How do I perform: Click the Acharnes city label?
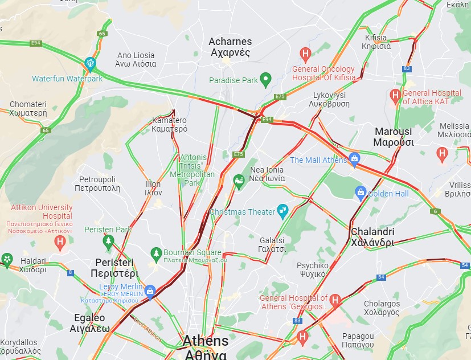tap(230, 47)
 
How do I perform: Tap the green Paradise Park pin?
tap(265, 80)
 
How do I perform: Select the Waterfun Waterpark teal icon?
tap(89, 63)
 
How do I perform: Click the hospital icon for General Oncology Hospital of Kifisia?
tap(306, 54)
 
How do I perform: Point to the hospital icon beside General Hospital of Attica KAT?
tap(395, 95)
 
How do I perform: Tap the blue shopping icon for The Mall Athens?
tap(354, 158)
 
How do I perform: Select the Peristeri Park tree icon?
tap(108, 242)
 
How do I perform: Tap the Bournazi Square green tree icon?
tap(156, 253)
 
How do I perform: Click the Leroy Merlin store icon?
tap(150, 291)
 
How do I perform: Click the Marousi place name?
tap(394, 137)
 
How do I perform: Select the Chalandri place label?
tap(372, 237)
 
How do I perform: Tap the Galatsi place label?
tap(273, 244)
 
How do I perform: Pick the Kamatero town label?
tap(170, 124)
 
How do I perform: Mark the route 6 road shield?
tap(436, 211)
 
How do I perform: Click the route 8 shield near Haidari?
tap(71, 272)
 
